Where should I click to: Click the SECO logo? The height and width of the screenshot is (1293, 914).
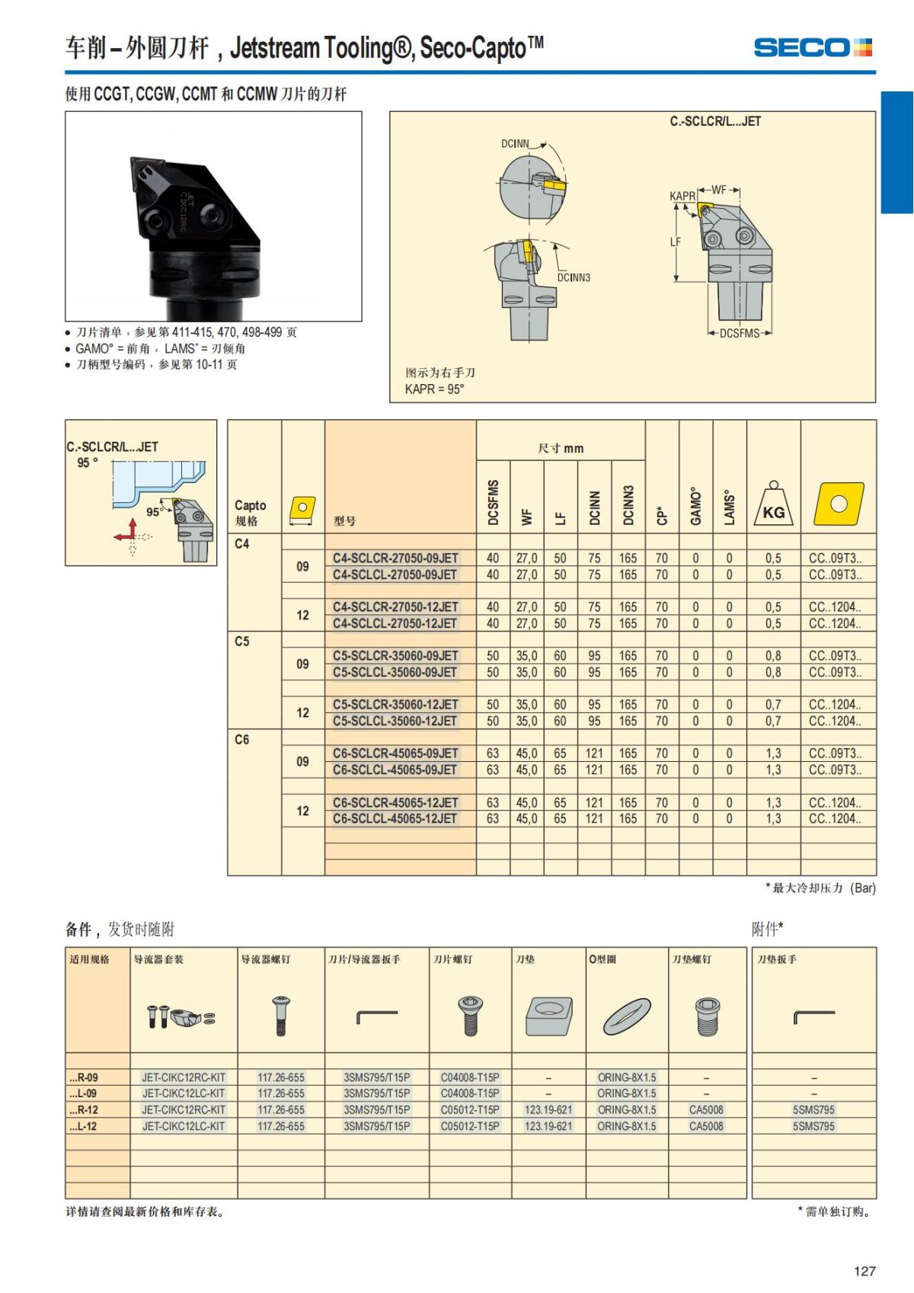(813, 47)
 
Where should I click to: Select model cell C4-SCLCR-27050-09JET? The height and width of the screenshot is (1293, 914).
(395, 558)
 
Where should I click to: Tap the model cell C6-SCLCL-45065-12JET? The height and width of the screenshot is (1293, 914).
(395, 818)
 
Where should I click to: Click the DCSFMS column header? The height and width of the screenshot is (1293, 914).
(493, 502)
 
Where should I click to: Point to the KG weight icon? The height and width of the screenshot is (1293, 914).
(774, 504)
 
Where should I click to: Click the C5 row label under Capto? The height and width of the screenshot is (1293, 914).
(241, 642)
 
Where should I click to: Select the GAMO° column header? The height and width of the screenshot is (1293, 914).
(696, 506)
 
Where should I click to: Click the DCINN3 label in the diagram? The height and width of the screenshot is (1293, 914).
(574, 277)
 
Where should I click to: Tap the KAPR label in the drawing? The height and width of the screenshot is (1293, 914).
(682, 197)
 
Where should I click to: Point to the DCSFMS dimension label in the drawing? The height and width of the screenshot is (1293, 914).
(739, 333)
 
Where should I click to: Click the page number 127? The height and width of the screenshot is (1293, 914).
(864, 1271)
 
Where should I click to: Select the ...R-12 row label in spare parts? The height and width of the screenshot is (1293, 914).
(84, 1109)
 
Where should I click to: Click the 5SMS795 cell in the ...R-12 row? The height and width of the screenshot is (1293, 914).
(813, 1109)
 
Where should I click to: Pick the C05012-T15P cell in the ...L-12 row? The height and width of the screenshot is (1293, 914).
(470, 1125)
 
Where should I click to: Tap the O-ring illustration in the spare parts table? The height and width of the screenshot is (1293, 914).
(627, 1016)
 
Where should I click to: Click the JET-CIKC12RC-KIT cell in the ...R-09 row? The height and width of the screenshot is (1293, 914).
(184, 1077)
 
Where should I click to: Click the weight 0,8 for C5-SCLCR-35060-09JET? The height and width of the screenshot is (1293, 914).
(773, 656)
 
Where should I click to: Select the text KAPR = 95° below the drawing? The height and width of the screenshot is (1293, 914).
(434, 389)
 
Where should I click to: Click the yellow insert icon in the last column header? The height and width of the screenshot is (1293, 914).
(839, 504)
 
